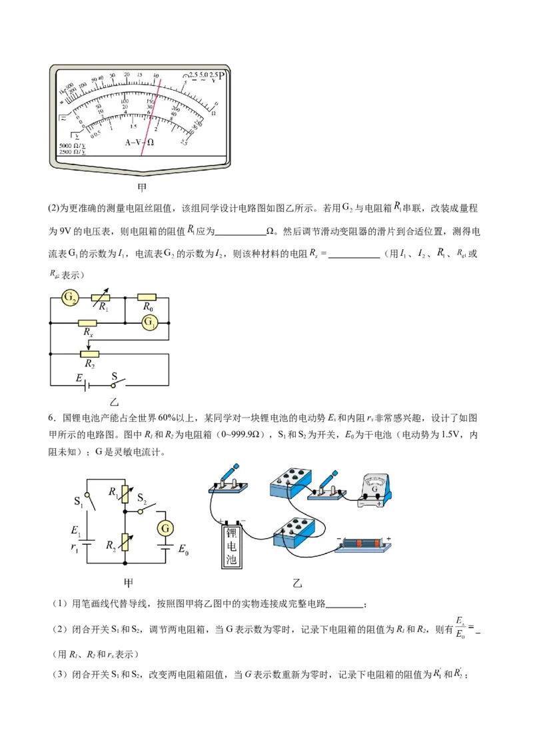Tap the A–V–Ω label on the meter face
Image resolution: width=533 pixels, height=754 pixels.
click(140, 143)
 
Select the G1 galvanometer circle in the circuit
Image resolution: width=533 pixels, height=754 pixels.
click(149, 322)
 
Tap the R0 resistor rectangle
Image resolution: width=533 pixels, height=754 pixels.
click(147, 298)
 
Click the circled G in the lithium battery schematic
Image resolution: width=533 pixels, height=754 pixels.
click(165, 529)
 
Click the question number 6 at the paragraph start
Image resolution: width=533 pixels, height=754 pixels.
click(51, 418)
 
